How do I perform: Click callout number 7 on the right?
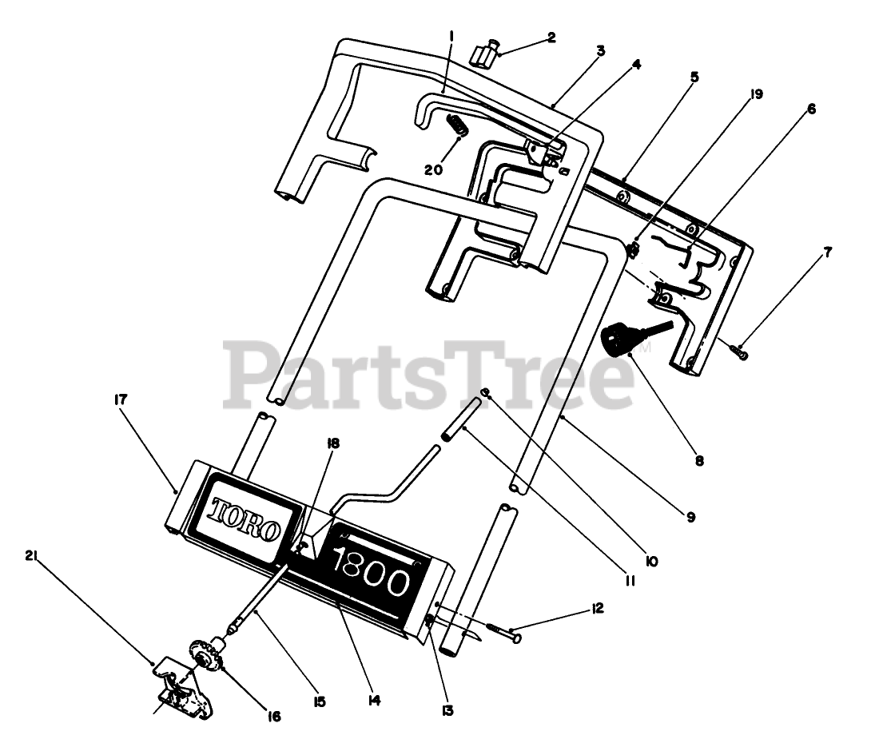click(828, 252)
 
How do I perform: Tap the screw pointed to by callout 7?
click(741, 349)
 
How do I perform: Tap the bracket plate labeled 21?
click(180, 687)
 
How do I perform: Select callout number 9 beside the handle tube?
click(690, 517)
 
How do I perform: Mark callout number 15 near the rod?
click(319, 701)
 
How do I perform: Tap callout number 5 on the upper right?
click(694, 77)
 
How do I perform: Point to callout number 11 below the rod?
click(630, 582)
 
